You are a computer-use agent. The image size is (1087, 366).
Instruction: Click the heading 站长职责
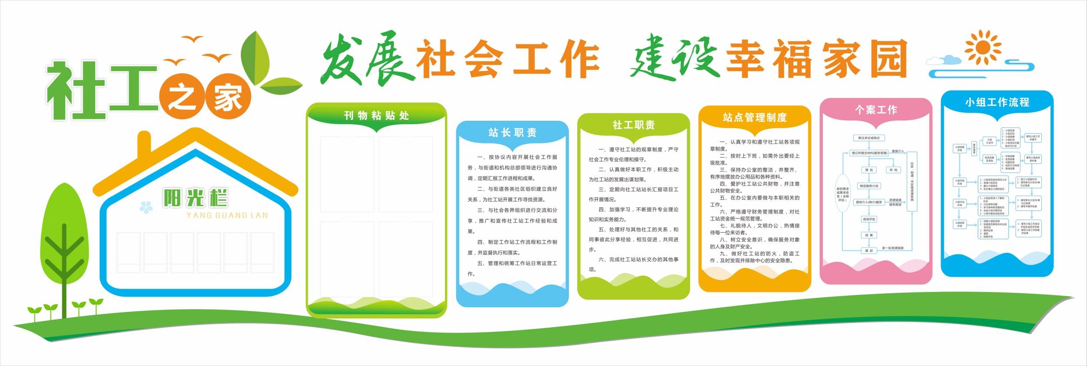pos(512,132)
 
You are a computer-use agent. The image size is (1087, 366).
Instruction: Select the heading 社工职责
pos(633,125)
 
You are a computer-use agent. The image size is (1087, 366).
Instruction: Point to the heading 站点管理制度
pos(755,117)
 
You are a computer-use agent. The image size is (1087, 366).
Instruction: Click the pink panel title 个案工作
pos(876,110)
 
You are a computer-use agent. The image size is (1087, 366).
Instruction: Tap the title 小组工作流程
pos(997,102)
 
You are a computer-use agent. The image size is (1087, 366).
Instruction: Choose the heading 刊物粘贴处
pos(377,115)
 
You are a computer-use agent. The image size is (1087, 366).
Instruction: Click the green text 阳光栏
pos(195,199)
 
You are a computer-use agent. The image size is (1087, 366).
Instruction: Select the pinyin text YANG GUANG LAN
pos(227,215)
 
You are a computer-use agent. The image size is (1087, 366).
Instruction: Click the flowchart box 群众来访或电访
pos(869,138)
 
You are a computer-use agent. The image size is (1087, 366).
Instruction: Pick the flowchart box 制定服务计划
pos(869,186)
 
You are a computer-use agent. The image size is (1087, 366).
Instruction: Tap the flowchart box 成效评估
pos(869,219)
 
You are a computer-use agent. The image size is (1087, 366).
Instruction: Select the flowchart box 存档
pos(894,170)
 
